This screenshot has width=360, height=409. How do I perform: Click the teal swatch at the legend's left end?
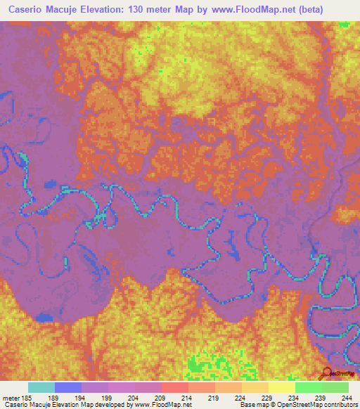tap(41, 387)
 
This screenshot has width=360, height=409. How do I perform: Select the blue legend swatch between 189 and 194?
tap(67, 387)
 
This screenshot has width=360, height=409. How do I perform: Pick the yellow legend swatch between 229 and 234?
tap(281, 387)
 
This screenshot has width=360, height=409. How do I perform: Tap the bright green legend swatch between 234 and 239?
tap(308, 387)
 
